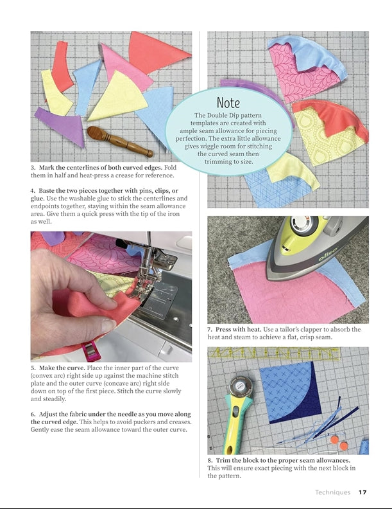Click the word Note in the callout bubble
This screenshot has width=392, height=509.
pos(228,103)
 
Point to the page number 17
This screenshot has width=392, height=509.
pos(362,492)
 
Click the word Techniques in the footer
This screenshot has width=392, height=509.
pos(332,492)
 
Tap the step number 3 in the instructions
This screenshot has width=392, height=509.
pos(33,168)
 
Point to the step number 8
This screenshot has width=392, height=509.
pos(210,461)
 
